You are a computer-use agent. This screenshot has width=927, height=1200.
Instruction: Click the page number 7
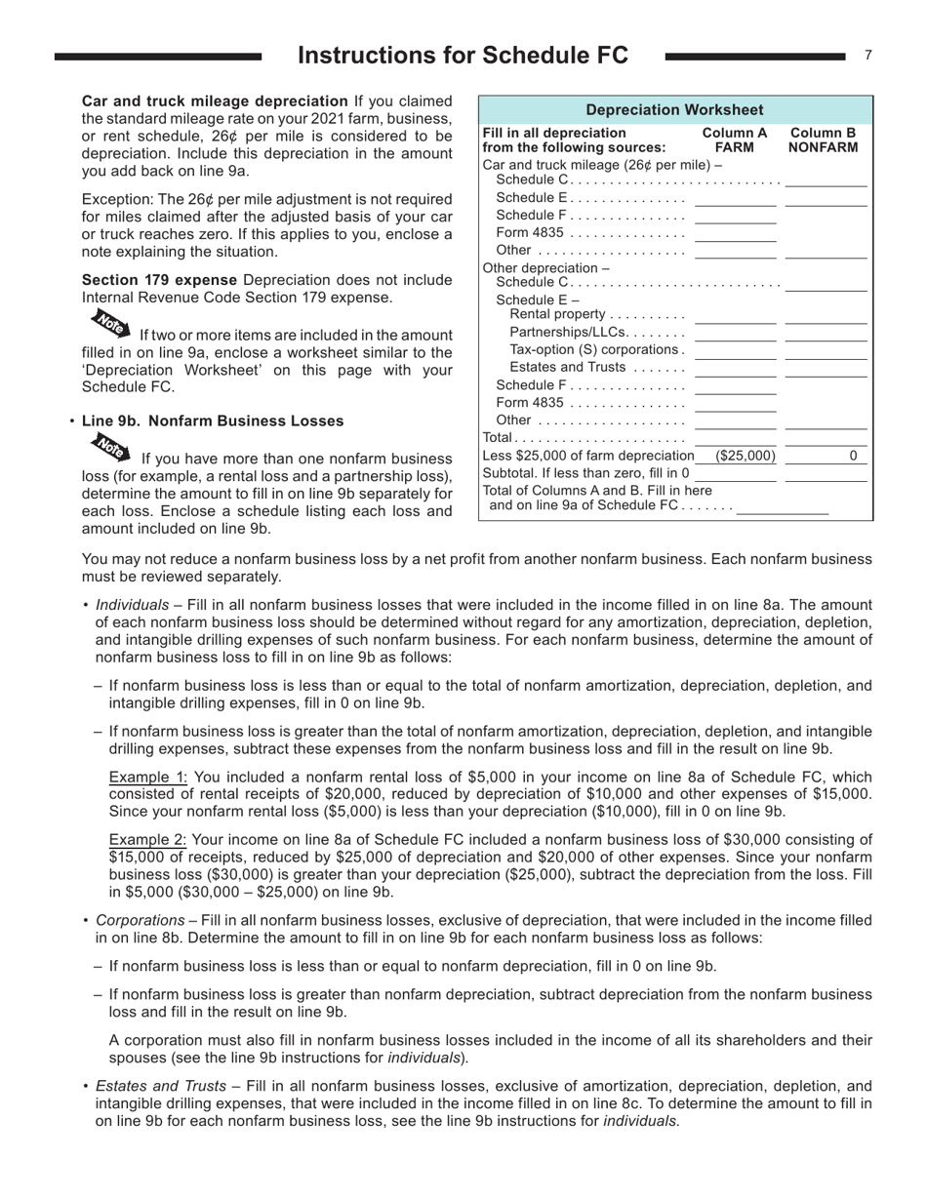867,56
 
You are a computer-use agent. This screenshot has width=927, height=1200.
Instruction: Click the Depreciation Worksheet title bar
674,110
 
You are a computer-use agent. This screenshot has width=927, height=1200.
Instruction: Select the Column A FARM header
734,140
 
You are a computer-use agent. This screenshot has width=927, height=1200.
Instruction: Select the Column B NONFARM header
823,140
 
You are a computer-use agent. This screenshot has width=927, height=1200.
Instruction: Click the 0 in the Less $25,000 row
853,456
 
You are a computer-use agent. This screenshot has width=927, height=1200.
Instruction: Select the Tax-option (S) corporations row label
596,349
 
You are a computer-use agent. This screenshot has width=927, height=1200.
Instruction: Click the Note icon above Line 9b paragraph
110,448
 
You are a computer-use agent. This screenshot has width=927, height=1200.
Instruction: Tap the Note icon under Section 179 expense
110,322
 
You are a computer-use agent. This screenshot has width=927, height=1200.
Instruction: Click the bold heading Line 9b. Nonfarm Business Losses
213,420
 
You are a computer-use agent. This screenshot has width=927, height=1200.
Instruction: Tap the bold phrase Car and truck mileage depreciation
215,100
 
